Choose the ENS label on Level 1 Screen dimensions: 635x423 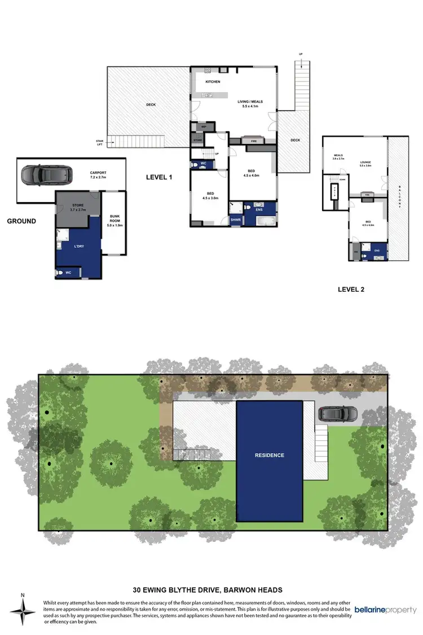259,209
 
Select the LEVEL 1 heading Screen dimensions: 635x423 159,177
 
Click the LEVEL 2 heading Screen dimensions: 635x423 351,290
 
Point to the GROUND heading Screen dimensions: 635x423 21,221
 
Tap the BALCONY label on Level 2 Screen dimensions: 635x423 400,196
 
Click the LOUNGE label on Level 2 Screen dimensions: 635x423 366,163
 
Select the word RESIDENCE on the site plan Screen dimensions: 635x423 269,455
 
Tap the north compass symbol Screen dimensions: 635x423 22,611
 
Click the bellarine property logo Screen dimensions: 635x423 386,610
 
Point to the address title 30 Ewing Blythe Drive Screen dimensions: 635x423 211,590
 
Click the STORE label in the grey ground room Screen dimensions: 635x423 78,206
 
